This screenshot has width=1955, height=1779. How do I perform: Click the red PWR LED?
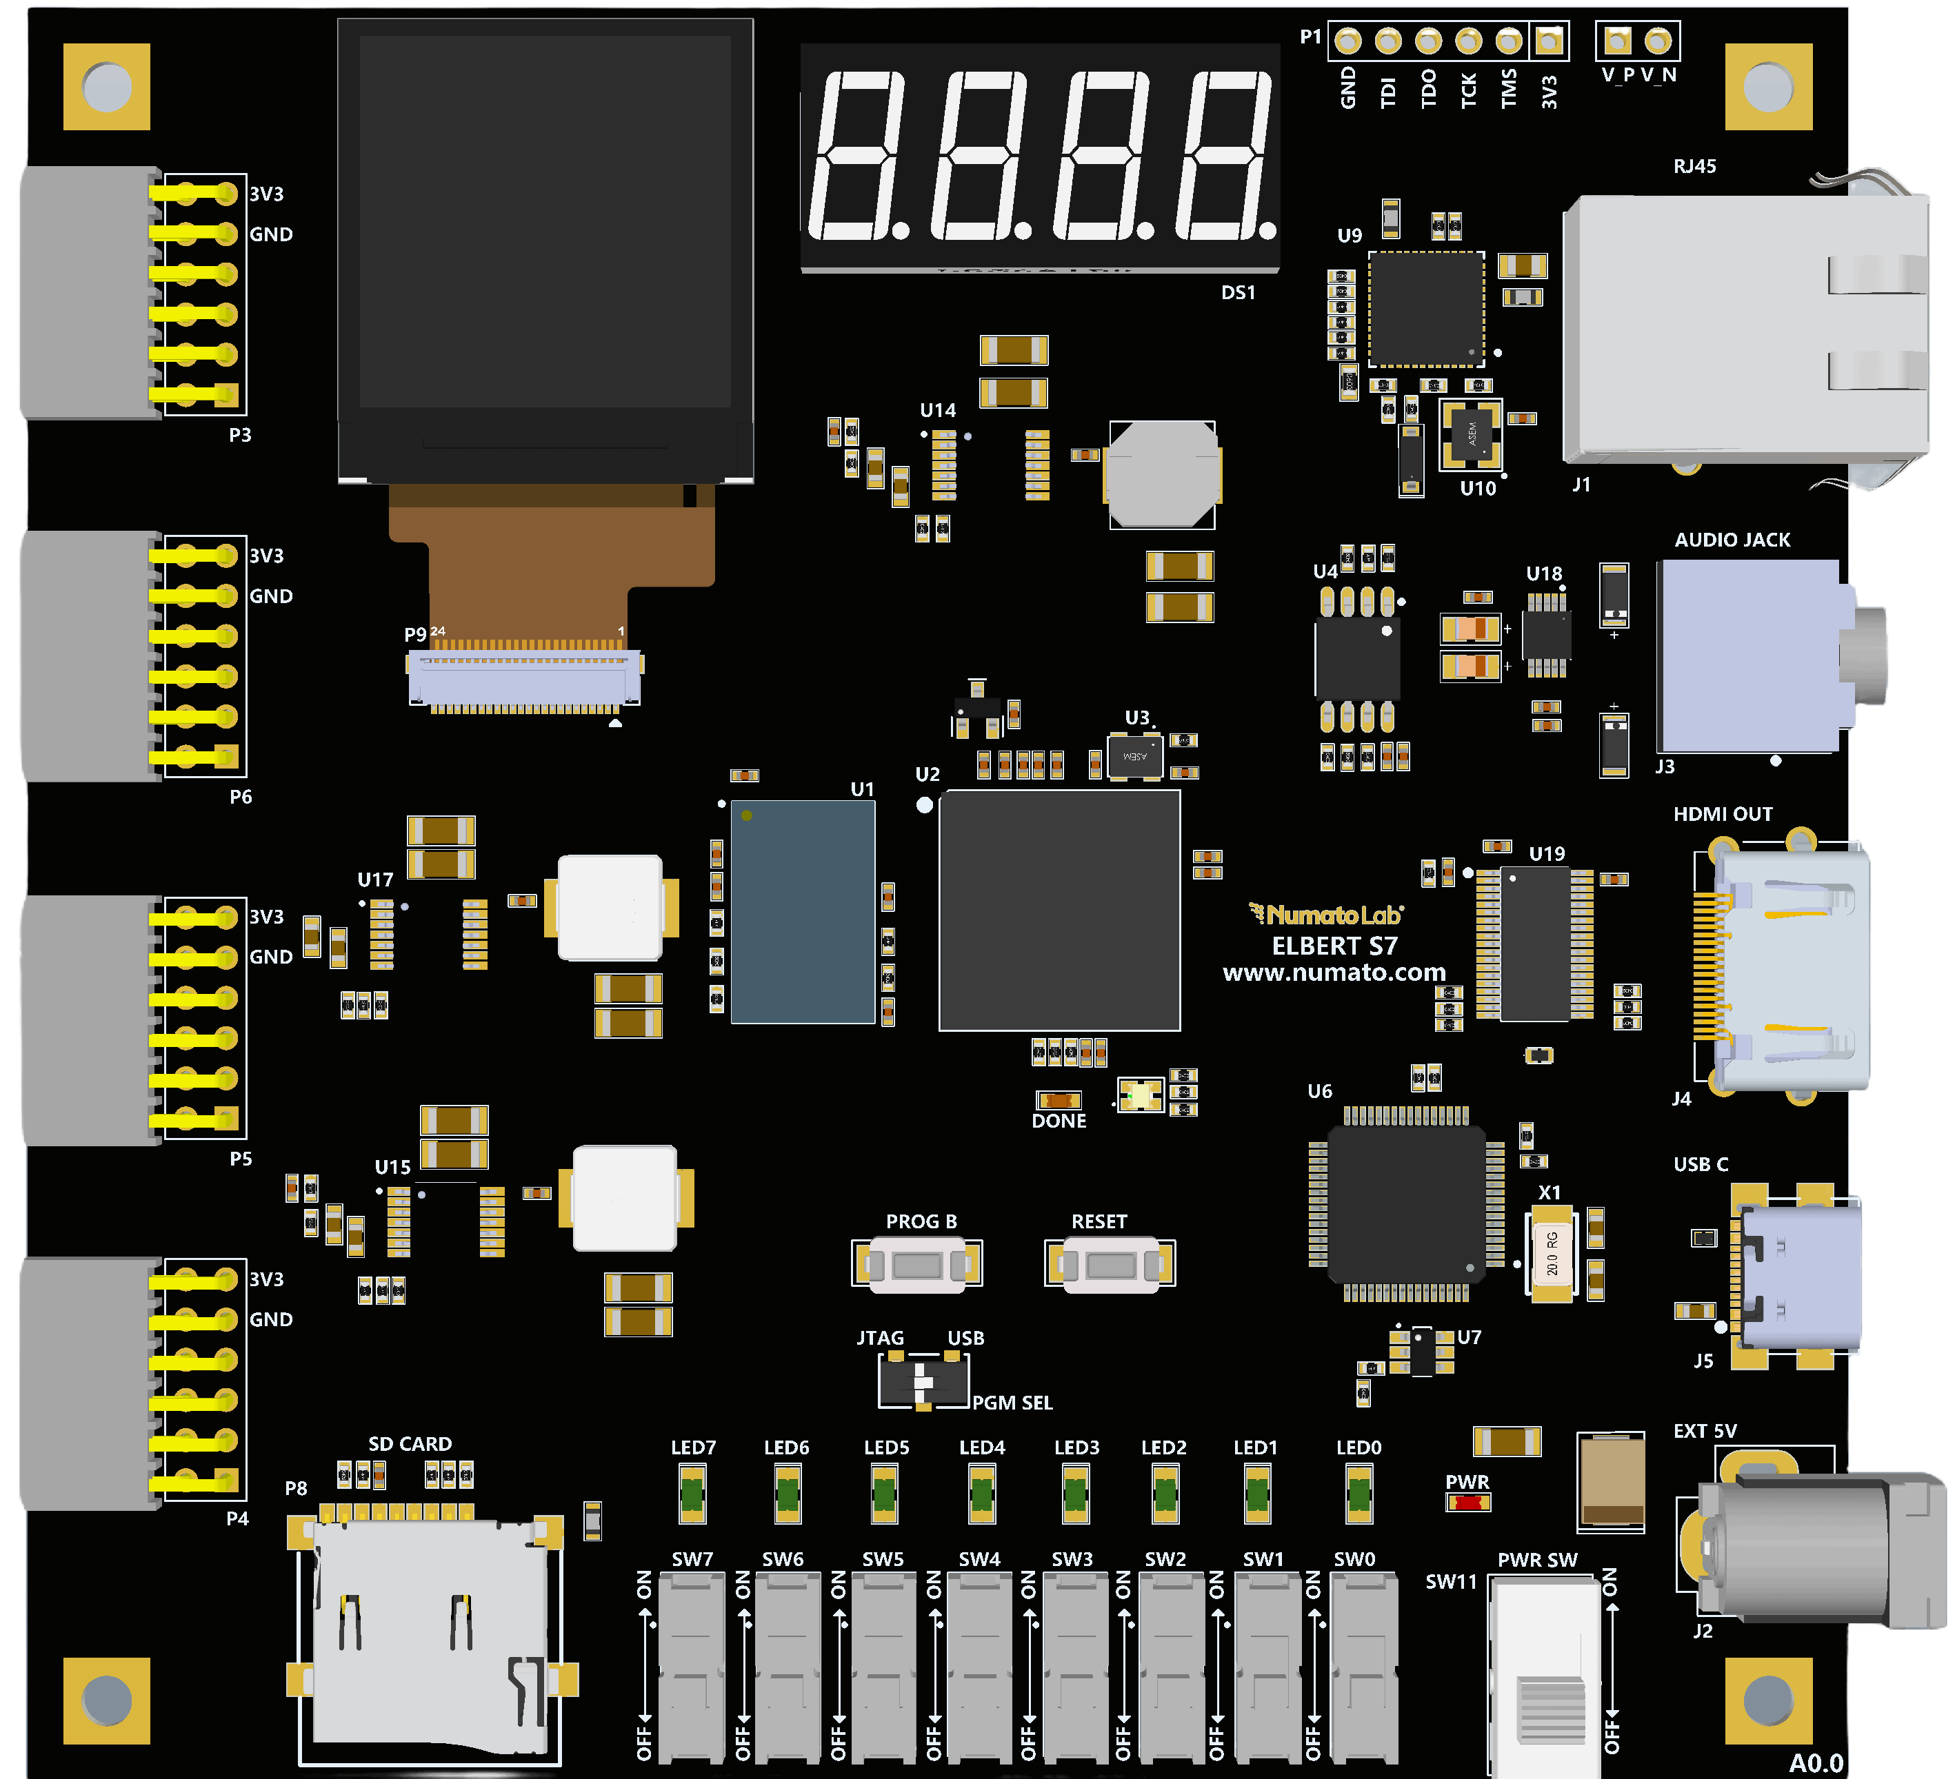pyautogui.click(x=1468, y=1503)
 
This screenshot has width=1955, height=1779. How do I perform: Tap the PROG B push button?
pyautogui.click(x=917, y=1264)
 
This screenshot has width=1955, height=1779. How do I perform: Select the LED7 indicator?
pyautogui.click(x=692, y=1493)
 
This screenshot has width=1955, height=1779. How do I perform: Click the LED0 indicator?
pyautogui.click(x=1359, y=1493)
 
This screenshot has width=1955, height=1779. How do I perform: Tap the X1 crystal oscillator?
pyautogui.click(x=1552, y=1252)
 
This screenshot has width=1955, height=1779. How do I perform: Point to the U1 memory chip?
pyautogui.click(x=803, y=911)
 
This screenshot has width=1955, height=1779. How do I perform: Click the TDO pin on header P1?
pyautogui.click(x=1428, y=41)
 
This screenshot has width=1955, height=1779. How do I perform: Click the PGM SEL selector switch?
pyautogui.click(x=923, y=1381)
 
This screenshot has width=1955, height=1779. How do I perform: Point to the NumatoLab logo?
pyautogui.click(x=1325, y=914)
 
